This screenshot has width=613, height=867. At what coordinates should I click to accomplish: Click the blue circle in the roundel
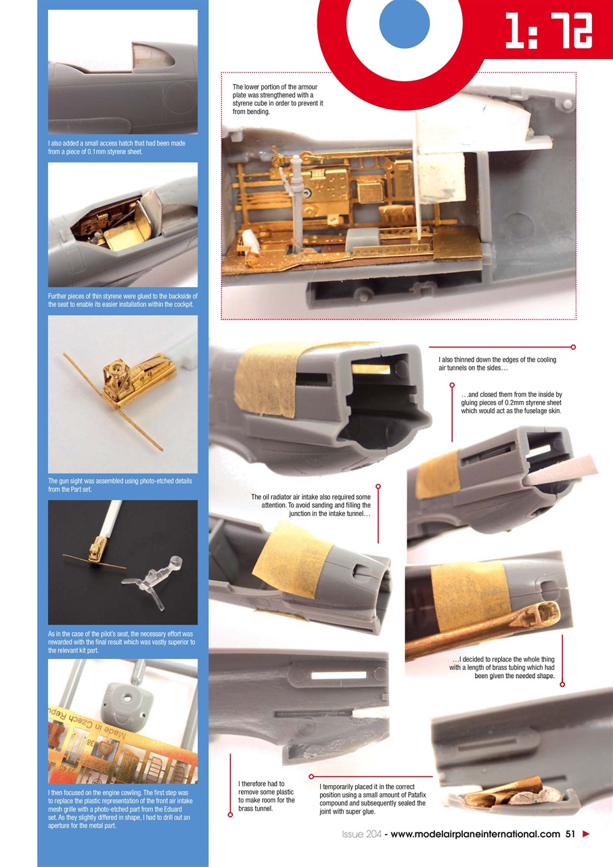click(x=405, y=24)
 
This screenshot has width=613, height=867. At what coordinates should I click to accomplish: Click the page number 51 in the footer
click(x=570, y=834)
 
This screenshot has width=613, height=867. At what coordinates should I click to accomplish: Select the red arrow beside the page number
click(x=586, y=834)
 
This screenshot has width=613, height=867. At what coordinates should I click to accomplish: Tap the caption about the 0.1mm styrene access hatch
click(x=116, y=147)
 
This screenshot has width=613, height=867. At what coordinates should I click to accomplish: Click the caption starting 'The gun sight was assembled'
click(x=120, y=485)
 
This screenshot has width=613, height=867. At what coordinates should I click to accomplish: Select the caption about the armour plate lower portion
click(x=277, y=99)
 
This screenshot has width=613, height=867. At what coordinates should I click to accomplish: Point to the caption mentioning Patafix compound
click(x=372, y=799)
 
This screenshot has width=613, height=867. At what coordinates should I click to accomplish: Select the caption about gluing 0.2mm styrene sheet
click(x=511, y=402)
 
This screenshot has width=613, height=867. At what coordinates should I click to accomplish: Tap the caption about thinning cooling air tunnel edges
click(x=497, y=364)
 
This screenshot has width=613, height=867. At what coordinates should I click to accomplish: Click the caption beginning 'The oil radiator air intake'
click(x=311, y=505)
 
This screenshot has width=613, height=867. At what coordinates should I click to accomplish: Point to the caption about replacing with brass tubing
click(x=502, y=667)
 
